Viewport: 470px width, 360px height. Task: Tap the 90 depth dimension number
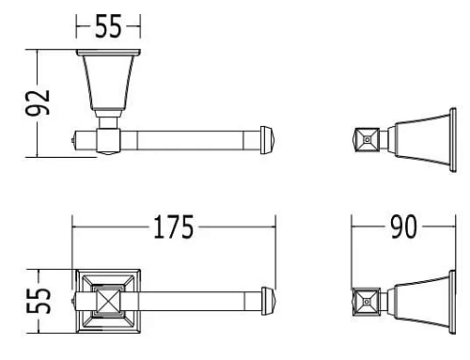[403, 228]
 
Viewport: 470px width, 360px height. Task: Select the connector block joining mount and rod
[107, 140]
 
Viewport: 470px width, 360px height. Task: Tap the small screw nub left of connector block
[76, 141]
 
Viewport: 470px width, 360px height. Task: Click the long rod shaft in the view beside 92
[188, 139]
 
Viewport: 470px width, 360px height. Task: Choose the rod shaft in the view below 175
[188, 301]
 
